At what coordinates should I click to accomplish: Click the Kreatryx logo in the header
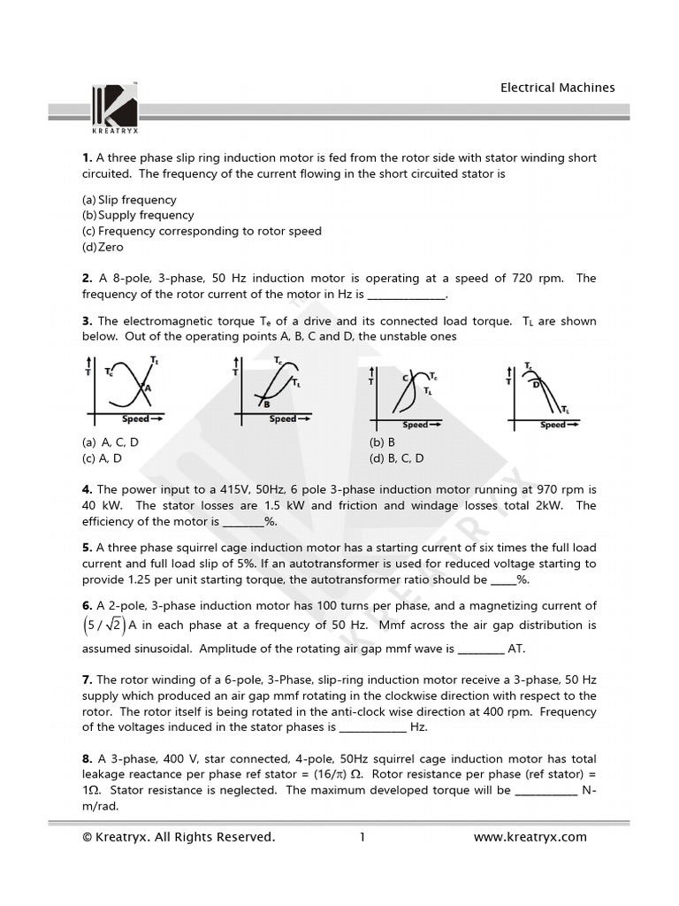114,104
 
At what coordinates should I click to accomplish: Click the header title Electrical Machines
557,88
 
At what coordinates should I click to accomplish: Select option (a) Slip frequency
129,200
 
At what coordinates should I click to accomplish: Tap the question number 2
87,279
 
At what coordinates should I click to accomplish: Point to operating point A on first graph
148,388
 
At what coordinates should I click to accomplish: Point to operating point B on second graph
266,403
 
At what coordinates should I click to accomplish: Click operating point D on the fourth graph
536,384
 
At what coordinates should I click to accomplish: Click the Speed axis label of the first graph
135,418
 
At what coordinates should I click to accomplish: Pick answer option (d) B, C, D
396,458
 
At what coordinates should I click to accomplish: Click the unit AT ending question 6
516,649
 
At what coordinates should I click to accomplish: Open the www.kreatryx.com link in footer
530,837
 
